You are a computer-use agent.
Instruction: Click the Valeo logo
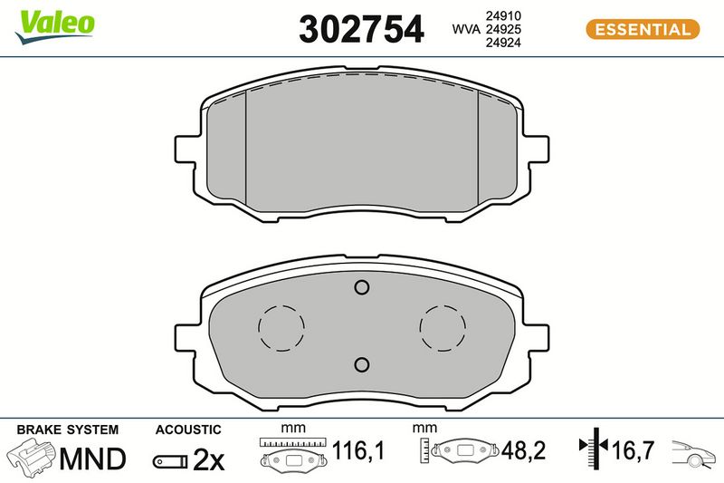55,26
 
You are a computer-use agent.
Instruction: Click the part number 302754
361,29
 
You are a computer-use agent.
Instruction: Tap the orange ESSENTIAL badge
643,30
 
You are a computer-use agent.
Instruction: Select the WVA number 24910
503,15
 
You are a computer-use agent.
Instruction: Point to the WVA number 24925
503,29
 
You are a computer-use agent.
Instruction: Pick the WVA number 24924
503,43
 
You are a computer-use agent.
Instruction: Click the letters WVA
466,29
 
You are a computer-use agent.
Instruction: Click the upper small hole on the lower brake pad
361,287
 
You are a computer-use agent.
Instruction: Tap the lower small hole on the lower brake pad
361,364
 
